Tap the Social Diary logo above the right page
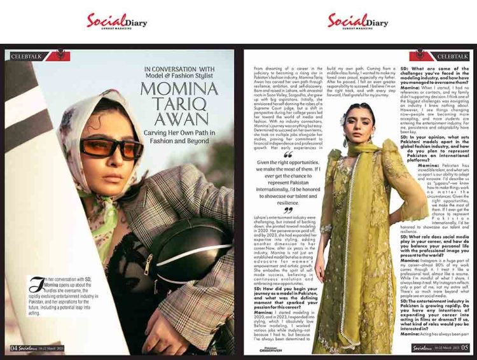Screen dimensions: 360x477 click(x=357, y=21)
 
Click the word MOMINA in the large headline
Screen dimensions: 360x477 click(x=181, y=87)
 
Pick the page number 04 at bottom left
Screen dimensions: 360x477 click(x=15, y=348)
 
